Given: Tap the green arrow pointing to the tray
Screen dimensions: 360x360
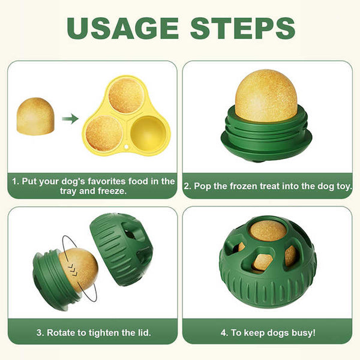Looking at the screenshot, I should [70, 119].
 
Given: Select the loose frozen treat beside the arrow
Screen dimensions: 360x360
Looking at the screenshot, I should [35, 116].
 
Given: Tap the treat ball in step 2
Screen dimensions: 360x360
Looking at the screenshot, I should [266, 95].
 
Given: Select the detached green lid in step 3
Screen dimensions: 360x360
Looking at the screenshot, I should [121, 248].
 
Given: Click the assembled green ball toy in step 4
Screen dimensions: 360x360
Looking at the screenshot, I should [268, 264].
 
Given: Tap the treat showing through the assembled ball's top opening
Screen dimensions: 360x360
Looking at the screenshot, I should [268, 230].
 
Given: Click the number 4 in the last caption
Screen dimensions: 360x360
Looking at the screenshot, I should [224, 332].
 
